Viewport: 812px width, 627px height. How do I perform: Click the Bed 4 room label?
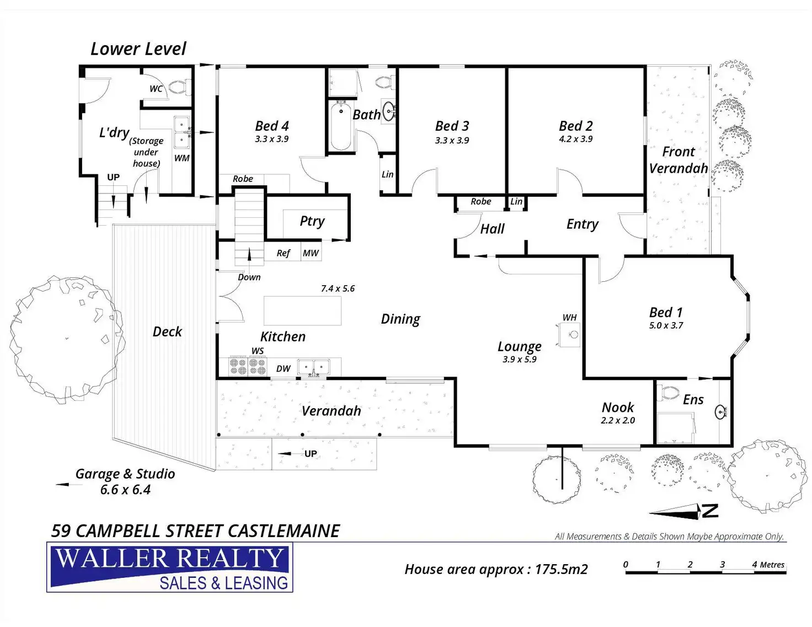pyautogui.click(x=271, y=126)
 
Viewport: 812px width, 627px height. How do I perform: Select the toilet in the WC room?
pyautogui.click(x=179, y=87)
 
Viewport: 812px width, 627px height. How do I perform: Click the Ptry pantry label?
pyautogui.click(x=312, y=221)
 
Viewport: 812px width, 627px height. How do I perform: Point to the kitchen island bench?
pyautogui.click(x=302, y=310)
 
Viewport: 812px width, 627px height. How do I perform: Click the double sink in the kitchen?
pyautogui.click(x=313, y=367)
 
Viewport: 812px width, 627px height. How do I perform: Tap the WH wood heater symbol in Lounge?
pyautogui.click(x=569, y=334)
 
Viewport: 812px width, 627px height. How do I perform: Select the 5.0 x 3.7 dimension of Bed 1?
pyautogui.click(x=666, y=325)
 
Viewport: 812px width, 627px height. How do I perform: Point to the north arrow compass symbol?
pyautogui.click(x=684, y=511)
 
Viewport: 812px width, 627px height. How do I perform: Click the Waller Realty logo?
pyautogui.click(x=170, y=567)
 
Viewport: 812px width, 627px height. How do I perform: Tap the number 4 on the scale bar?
pyautogui.click(x=755, y=564)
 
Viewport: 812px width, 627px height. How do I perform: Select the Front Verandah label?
pyautogui.click(x=678, y=160)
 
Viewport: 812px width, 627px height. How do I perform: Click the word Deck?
pyautogui.click(x=167, y=331)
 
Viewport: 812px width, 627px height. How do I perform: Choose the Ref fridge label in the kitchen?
pyautogui.click(x=283, y=253)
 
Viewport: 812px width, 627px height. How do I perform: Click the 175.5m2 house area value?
pyautogui.click(x=562, y=569)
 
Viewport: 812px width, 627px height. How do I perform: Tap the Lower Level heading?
pyautogui.click(x=138, y=49)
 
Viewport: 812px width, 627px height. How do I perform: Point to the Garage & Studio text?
pyautogui.click(x=125, y=474)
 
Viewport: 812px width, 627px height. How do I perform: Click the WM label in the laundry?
pyautogui.click(x=182, y=158)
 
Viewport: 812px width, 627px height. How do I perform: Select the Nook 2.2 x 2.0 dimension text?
pyautogui.click(x=618, y=420)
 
